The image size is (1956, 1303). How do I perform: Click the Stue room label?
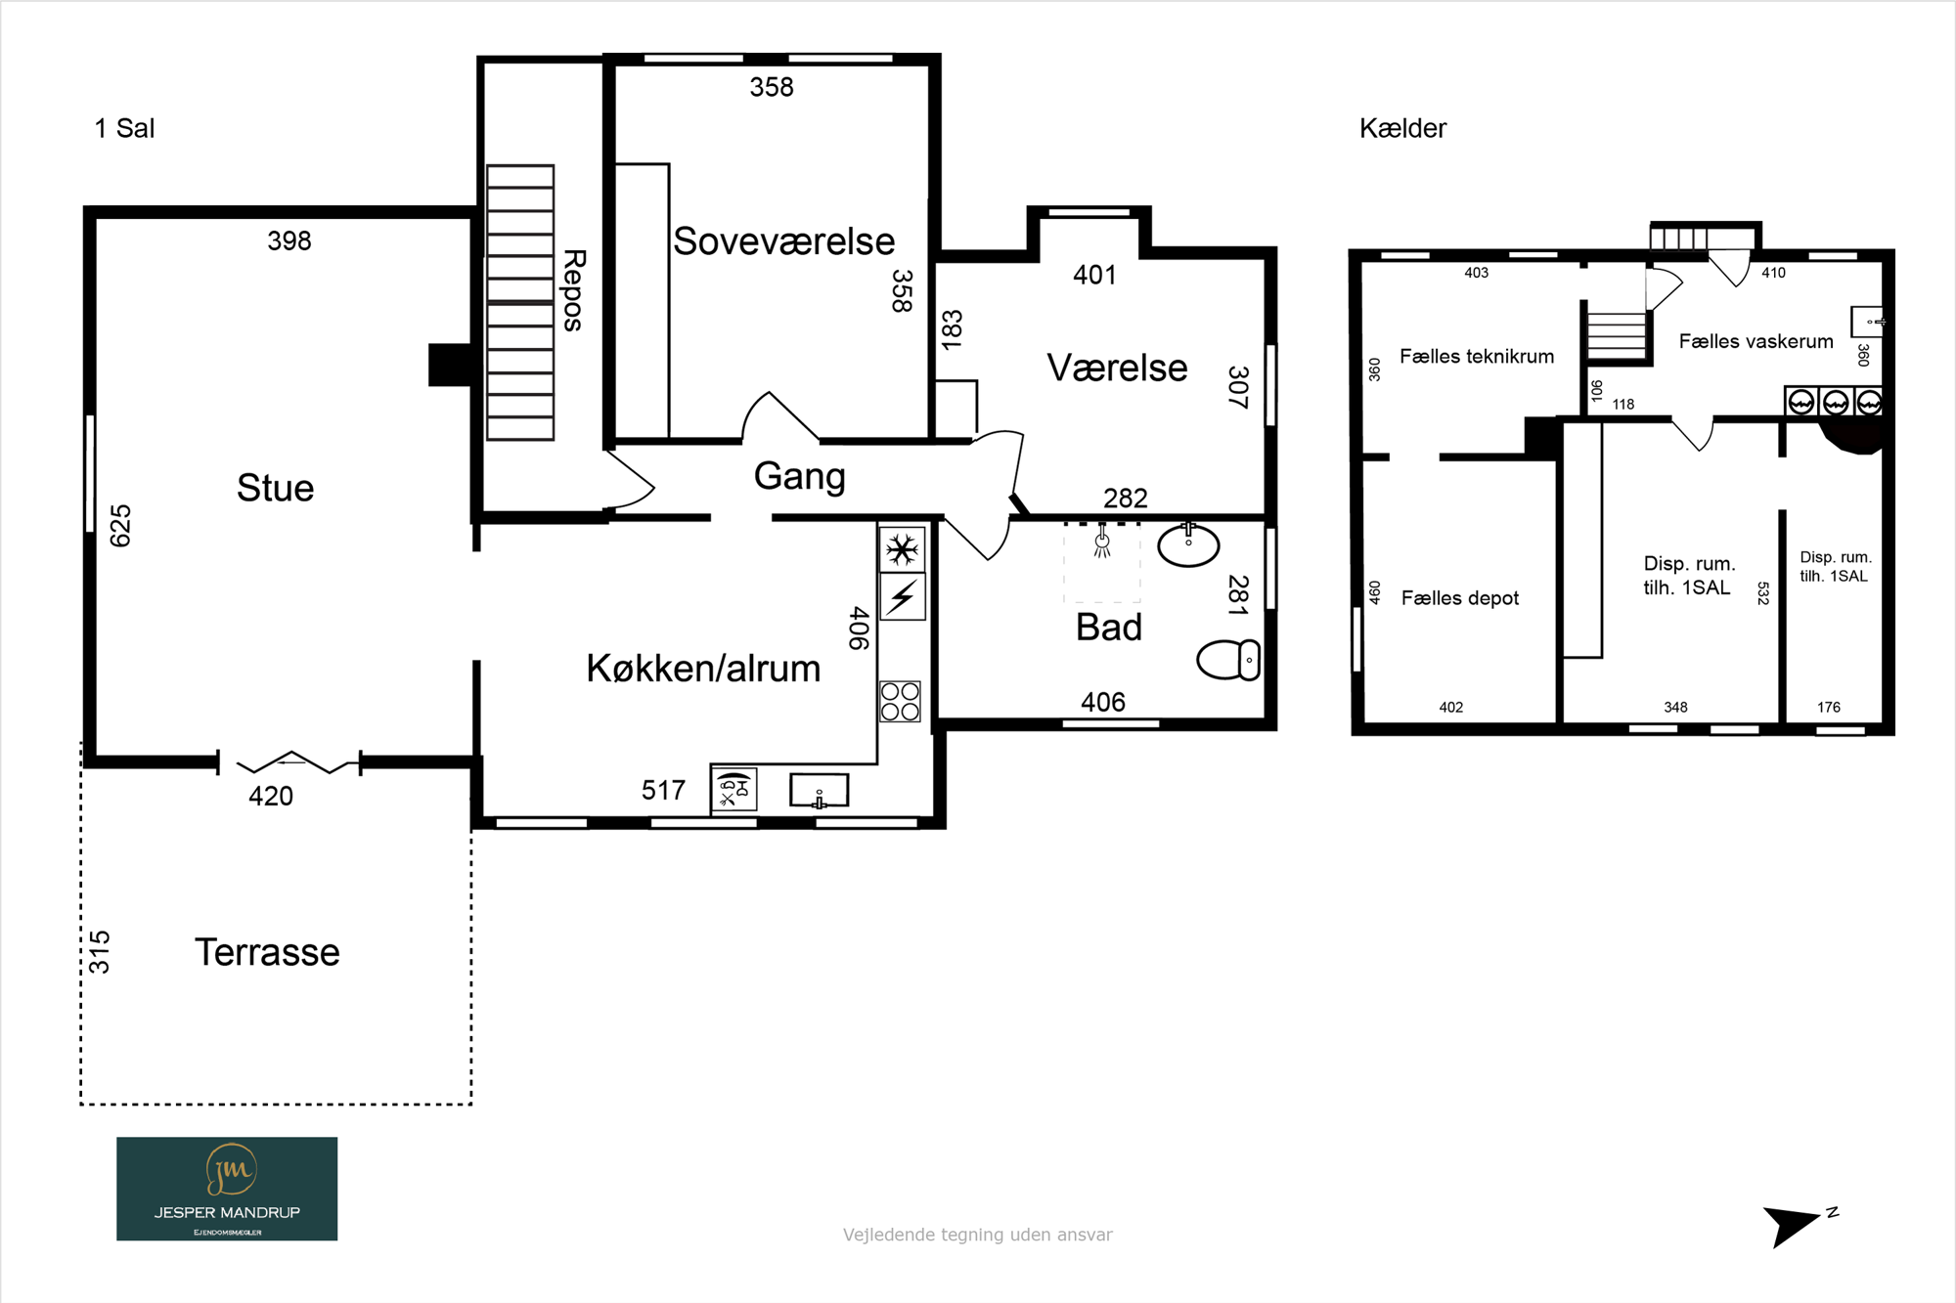(275, 488)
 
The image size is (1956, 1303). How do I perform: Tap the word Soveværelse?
(783, 241)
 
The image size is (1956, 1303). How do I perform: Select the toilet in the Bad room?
(1228, 660)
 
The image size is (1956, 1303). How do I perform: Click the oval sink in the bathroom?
(1188, 545)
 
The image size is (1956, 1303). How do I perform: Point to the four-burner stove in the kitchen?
(900, 701)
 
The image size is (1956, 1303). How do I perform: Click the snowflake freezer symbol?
(902, 549)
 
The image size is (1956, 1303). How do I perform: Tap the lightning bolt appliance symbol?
(902, 596)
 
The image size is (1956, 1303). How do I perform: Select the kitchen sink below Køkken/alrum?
(819, 791)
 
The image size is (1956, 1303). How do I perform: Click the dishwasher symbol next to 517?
(734, 791)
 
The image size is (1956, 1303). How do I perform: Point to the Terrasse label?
(267, 952)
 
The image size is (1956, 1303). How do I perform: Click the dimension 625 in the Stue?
(120, 526)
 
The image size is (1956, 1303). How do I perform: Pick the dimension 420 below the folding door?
(271, 797)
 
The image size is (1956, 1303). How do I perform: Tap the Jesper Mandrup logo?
(227, 1189)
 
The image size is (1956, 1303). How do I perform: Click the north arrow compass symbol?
(1796, 1226)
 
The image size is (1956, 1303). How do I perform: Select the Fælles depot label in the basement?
(1459, 598)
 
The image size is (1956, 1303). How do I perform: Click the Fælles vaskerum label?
(1756, 341)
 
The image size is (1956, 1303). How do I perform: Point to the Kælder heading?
(1402, 128)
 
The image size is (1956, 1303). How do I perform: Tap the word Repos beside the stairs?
(574, 290)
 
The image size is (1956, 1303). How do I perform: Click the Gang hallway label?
(799, 477)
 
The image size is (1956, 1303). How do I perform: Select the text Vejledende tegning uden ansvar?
(978, 1235)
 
